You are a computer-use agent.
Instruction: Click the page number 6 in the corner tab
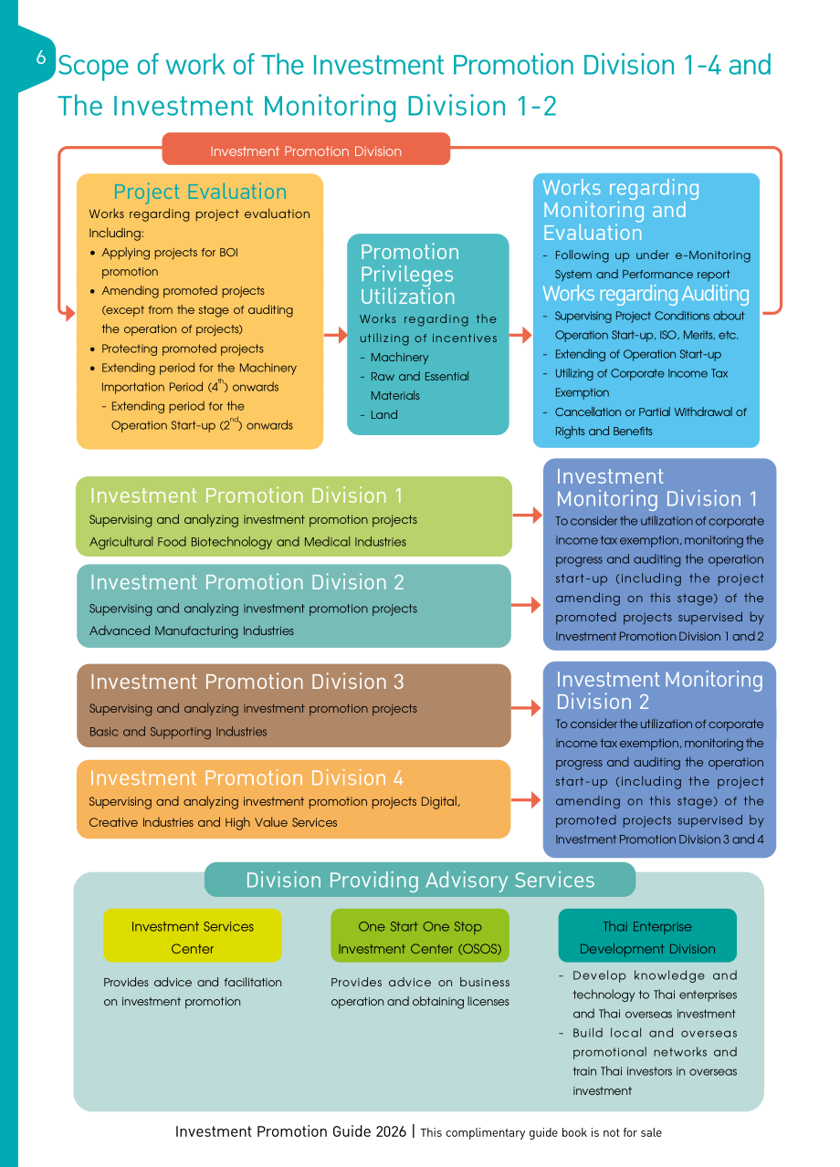pyautogui.click(x=41, y=57)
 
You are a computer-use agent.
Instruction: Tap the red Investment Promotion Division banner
pyautogui.click(x=306, y=149)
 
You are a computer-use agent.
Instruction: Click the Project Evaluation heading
pyautogui.click(x=200, y=192)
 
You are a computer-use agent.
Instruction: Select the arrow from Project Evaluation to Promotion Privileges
pyautogui.click(x=336, y=335)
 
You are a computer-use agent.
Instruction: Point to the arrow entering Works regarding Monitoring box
pyautogui.click(x=520, y=335)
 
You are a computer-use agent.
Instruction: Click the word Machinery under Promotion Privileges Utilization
pyautogui.click(x=399, y=358)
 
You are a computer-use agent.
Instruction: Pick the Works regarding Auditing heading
pyautogui.click(x=646, y=294)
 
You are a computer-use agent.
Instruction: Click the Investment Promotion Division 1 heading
pyautogui.click(x=247, y=495)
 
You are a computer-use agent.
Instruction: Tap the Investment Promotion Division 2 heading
pyautogui.click(x=247, y=582)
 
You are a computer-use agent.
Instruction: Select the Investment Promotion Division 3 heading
pyautogui.click(x=247, y=682)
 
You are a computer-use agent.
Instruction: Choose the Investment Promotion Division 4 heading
pyautogui.click(x=247, y=777)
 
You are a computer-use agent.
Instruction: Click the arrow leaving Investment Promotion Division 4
pyautogui.click(x=526, y=799)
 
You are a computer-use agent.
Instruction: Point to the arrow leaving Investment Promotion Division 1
pyautogui.click(x=528, y=516)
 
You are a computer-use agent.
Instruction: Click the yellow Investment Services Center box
pyautogui.click(x=193, y=935)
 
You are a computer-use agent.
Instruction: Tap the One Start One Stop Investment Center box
pyautogui.click(x=420, y=935)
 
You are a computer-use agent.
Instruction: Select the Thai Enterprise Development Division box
pyautogui.click(x=647, y=935)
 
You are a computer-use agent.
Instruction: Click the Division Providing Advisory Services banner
pyautogui.click(x=420, y=880)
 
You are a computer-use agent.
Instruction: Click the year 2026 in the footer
pyautogui.click(x=391, y=1131)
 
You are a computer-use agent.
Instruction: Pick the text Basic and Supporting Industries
pyautogui.click(x=178, y=732)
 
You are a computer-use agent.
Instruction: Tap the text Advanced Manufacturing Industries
pyautogui.click(x=192, y=630)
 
